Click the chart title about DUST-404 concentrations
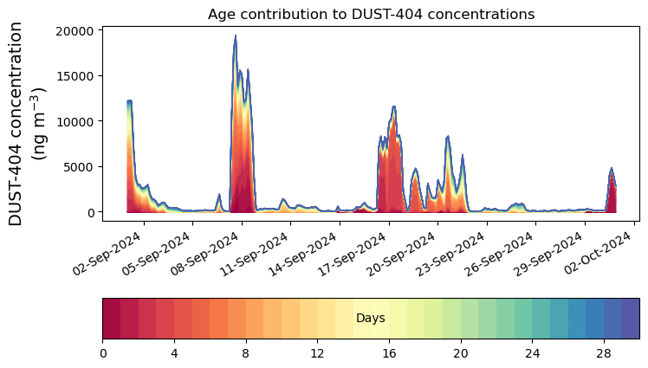click(x=371, y=14)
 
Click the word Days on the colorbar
click(x=370, y=319)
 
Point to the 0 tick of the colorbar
click(x=103, y=353)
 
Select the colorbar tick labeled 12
click(x=317, y=353)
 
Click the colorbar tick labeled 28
click(x=604, y=353)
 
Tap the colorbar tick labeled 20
click(x=461, y=353)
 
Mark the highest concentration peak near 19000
click(x=235, y=36)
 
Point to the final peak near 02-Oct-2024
click(x=612, y=169)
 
